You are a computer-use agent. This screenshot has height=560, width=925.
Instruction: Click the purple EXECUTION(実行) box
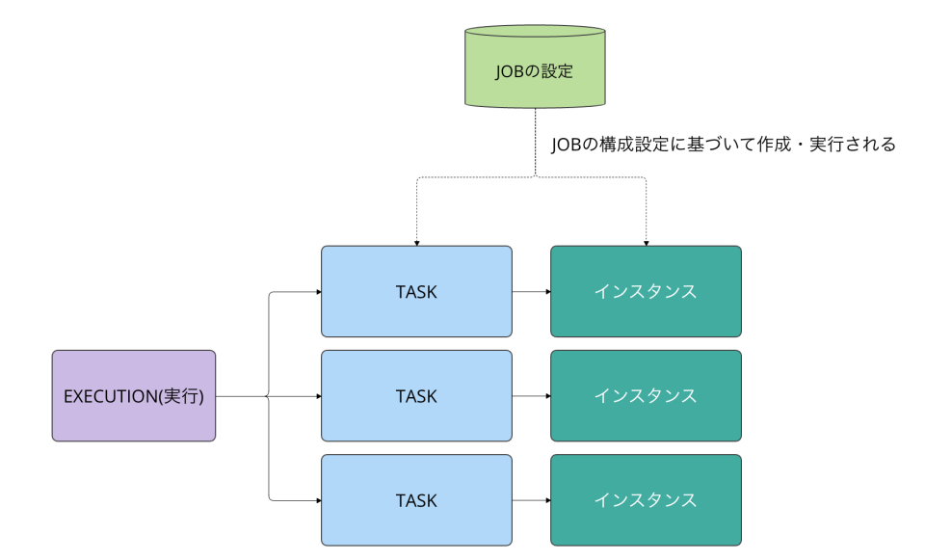(x=133, y=395)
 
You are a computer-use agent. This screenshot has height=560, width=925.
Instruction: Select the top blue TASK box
(x=416, y=291)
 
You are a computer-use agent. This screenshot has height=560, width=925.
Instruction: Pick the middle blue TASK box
(x=416, y=395)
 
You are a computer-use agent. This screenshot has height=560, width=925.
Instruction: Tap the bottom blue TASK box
(x=416, y=500)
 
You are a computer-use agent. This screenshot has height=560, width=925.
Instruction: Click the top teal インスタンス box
(x=646, y=291)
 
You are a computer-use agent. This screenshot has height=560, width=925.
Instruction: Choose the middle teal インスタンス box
(x=646, y=395)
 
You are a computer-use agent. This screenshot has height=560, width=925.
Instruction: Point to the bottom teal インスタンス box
(x=646, y=500)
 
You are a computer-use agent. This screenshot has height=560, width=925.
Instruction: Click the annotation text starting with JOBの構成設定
(x=724, y=145)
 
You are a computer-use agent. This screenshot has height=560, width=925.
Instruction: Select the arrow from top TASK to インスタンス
(x=531, y=291)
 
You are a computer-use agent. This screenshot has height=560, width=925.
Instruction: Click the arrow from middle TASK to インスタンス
(x=531, y=395)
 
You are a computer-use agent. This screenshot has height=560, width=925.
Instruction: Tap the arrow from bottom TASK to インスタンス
(x=531, y=500)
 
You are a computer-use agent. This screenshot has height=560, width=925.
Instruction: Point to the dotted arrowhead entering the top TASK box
(x=416, y=242)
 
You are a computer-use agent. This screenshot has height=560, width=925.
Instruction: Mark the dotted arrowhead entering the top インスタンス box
(x=646, y=242)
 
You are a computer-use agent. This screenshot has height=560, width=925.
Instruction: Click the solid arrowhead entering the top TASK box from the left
(x=316, y=291)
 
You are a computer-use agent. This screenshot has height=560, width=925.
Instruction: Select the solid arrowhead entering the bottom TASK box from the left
(x=316, y=500)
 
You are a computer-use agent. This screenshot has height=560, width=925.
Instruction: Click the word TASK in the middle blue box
(x=416, y=395)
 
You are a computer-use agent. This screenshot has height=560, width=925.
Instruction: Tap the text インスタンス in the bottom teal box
(x=646, y=500)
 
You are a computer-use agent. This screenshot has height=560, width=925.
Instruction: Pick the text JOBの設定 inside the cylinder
(x=535, y=70)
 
